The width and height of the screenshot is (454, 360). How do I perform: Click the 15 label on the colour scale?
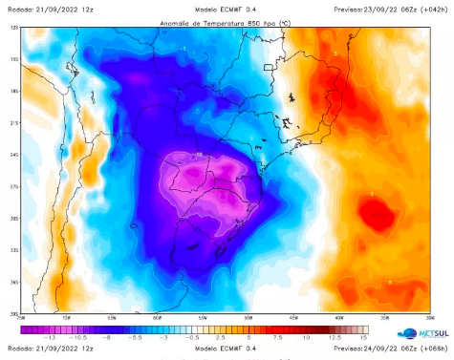(363, 338)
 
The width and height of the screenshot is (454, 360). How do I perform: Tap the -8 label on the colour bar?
(107, 338)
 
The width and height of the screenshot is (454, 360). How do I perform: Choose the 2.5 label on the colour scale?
(221, 338)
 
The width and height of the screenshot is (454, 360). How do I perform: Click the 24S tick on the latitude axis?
(14, 155)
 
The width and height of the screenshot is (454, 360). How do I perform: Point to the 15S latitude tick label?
(14, 60)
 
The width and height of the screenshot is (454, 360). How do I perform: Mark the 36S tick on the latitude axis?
(14, 282)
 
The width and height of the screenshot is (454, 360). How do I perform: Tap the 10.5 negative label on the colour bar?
(77, 338)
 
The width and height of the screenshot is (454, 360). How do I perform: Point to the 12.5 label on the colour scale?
(335, 338)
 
